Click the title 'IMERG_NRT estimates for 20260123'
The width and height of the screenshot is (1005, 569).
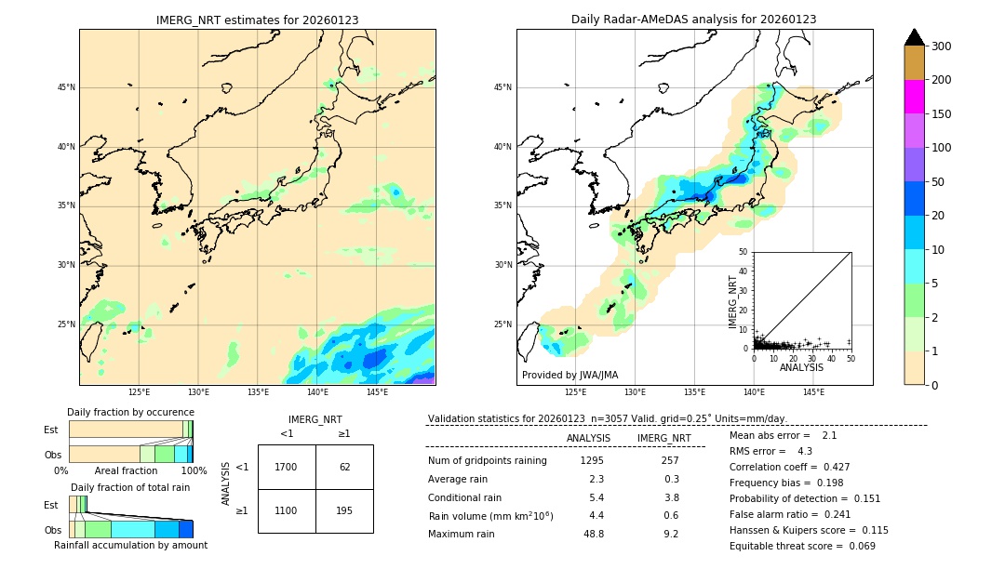click(257, 20)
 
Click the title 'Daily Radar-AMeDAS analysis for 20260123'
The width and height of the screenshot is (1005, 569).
click(694, 20)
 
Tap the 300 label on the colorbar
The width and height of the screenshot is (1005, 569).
click(941, 46)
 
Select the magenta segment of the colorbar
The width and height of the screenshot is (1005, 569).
click(915, 97)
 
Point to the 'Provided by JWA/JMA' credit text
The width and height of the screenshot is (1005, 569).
click(569, 375)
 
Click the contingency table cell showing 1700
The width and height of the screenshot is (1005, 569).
click(287, 467)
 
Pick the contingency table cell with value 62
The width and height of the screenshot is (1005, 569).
click(344, 467)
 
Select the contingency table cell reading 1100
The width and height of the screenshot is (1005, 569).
click(287, 511)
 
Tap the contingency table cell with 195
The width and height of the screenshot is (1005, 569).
click(344, 511)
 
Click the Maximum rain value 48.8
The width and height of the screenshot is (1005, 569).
click(593, 534)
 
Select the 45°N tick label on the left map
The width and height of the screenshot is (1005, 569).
click(66, 87)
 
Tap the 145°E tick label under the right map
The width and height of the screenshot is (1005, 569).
click(813, 392)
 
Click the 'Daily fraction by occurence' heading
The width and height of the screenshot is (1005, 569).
click(130, 412)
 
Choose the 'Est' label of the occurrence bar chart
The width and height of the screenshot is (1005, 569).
click(51, 430)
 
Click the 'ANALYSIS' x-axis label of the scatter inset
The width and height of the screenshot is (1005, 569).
click(801, 367)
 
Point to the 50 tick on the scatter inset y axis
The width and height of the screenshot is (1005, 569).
click(744, 251)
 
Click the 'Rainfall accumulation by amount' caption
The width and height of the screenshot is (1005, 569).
click(130, 545)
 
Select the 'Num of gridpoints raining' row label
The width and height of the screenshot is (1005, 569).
click(488, 460)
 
